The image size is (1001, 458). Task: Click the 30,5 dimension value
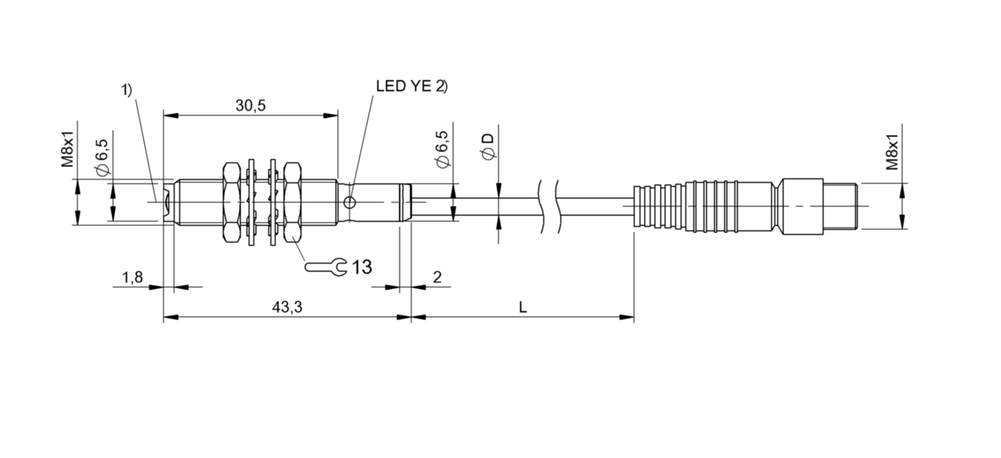[250, 105]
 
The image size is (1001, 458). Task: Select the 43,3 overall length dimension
[287, 307]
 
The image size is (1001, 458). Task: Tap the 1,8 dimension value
[133, 277]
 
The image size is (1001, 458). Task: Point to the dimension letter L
[522, 307]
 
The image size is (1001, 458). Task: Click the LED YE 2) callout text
[411, 86]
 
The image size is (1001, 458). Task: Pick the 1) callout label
[127, 90]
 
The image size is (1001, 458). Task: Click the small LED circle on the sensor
[350, 203]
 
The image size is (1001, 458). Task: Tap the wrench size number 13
[362, 267]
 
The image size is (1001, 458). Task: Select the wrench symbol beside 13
[326, 267]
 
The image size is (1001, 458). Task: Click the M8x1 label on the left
[67, 150]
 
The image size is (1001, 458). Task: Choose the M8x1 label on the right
[892, 152]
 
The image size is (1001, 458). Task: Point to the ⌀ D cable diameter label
[488, 147]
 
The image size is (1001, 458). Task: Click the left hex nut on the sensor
[231, 203]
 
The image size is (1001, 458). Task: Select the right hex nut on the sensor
[292, 203]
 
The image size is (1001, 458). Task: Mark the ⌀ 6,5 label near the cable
[442, 150]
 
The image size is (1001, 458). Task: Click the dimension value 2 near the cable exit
[437, 277]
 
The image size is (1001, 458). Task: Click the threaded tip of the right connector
[840, 206]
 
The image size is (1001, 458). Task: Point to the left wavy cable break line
[542, 206]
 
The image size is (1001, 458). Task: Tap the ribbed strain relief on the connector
[659, 206]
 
